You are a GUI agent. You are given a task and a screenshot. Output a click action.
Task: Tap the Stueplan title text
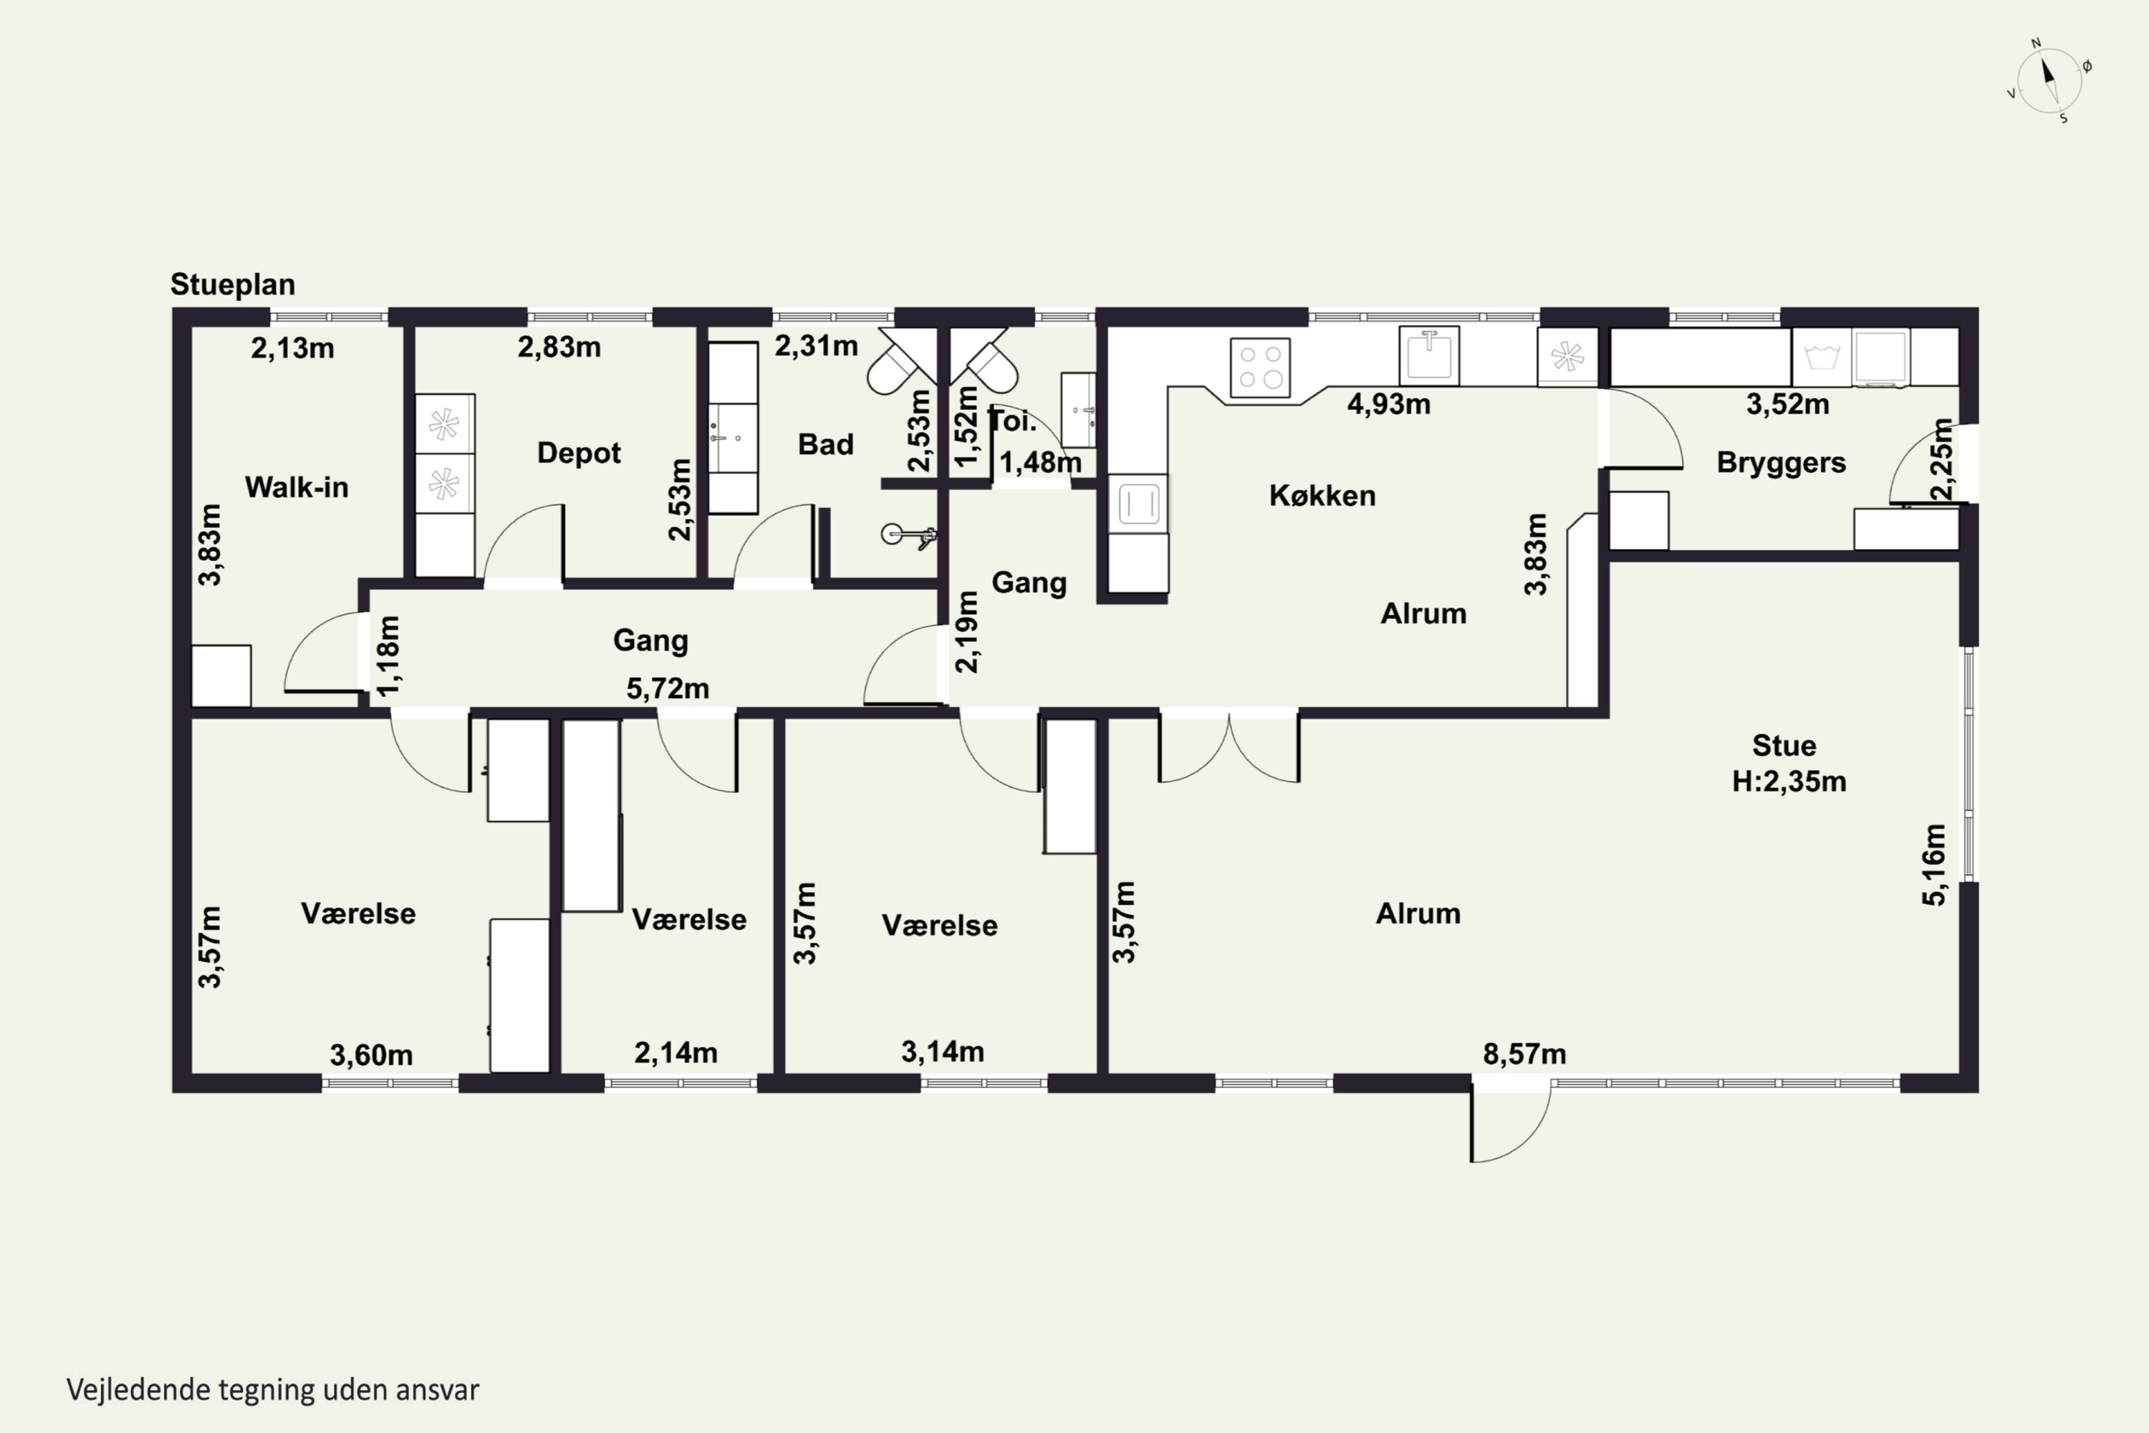[x=233, y=284]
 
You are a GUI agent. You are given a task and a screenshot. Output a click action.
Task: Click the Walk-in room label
[x=297, y=487]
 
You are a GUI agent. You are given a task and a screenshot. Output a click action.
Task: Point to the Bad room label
[x=825, y=444]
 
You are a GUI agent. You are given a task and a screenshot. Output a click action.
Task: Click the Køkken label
[x=1322, y=495]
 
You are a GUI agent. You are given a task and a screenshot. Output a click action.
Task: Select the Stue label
[x=1784, y=746]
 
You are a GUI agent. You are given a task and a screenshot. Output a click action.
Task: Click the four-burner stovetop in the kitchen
[x=1260, y=368]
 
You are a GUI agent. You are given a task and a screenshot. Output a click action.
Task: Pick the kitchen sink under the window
[x=1429, y=355]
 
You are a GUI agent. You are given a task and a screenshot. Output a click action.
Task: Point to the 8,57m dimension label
[x=1524, y=1054]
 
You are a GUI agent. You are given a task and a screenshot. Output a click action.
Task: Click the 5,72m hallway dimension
[x=668, y=688]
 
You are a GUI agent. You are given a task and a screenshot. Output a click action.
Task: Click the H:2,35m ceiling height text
[x=1789, y=782]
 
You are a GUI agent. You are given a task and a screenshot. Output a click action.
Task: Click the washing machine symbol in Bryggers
[x=1822, y=356]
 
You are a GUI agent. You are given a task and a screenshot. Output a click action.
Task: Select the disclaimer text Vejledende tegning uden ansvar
[x=273, y=1390]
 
